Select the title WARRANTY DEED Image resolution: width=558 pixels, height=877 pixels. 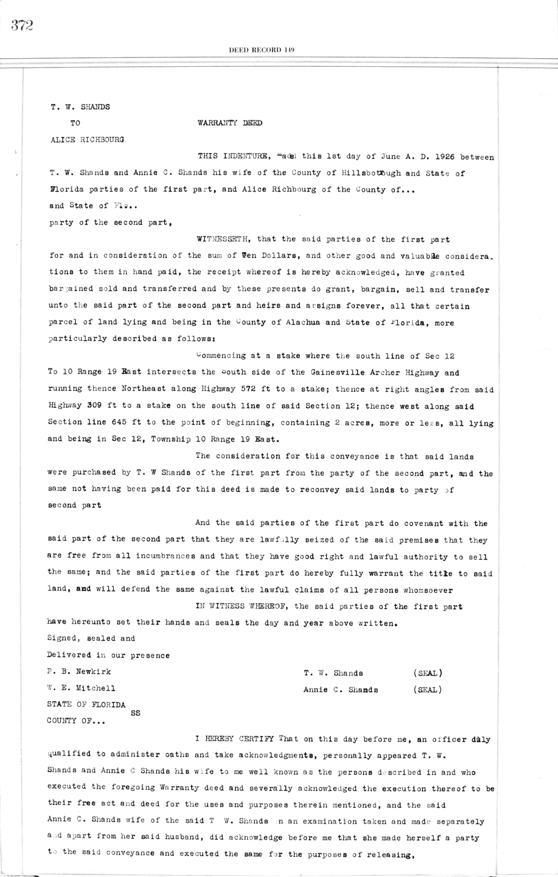pyautogui.click(x=230, y=123)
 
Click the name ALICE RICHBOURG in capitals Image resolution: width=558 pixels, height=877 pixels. pyautogui.click(x=87, y=140)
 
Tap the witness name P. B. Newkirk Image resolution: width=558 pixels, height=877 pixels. pyautogui.click(x=79, y=672)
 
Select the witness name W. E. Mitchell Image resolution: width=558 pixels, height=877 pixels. pyautogui.click(x=81, y=689)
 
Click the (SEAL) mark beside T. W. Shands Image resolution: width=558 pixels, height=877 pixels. pyautogui.click(x=427, y=673)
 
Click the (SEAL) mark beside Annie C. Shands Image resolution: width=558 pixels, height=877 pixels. pyautogui.click(x=427, y=690)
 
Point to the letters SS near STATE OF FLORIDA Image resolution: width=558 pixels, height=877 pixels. pyautogui.click(x=135, y=713)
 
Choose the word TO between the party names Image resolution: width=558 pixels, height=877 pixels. pyautogui.click(x=75, y=123)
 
